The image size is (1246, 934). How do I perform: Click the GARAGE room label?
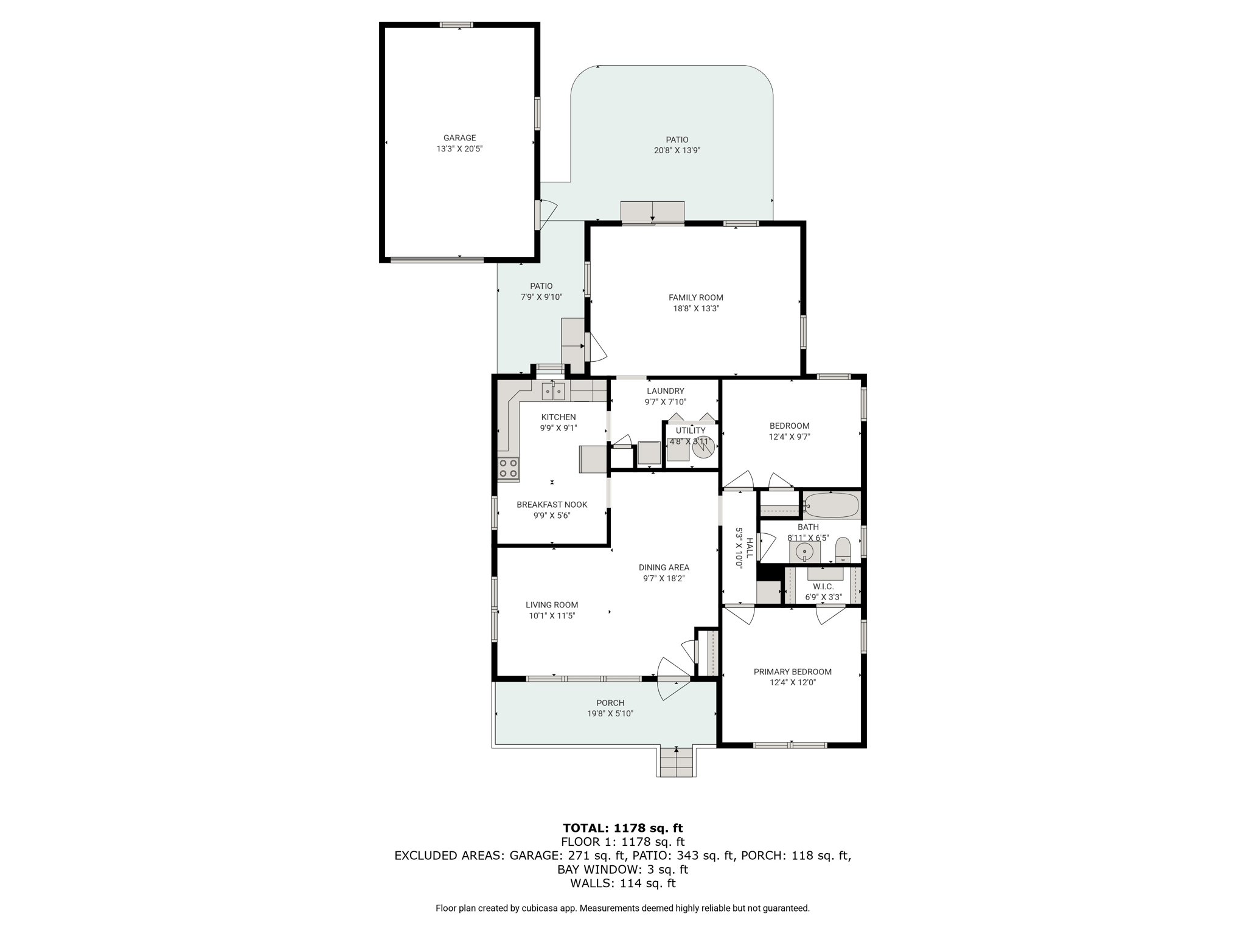pos(459,138)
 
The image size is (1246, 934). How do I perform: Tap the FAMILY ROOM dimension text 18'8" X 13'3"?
pos(695,308)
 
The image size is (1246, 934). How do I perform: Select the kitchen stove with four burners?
pos(509,468)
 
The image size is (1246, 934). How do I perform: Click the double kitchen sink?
pos(554,391)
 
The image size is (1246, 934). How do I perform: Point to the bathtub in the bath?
pos(831,505)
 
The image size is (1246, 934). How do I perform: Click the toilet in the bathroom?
pos(843,550)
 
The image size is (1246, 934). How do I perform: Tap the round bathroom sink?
pos(805,552)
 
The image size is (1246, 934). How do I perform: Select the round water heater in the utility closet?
pos(703,448)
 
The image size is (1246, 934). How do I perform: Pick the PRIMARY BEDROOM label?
pos(792,672)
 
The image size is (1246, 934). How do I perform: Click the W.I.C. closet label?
pos(823,587)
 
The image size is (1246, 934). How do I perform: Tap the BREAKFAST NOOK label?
pos(552,505)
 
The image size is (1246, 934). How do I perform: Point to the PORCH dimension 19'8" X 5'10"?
pos(610,714)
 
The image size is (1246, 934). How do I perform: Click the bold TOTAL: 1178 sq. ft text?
pos(623,828)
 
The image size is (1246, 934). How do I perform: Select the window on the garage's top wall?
pos(456,25)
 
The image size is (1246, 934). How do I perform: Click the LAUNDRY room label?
pos(666,391)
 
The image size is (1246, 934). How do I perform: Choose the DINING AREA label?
pos(664,567)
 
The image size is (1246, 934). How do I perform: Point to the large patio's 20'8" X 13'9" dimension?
pos(677,150)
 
